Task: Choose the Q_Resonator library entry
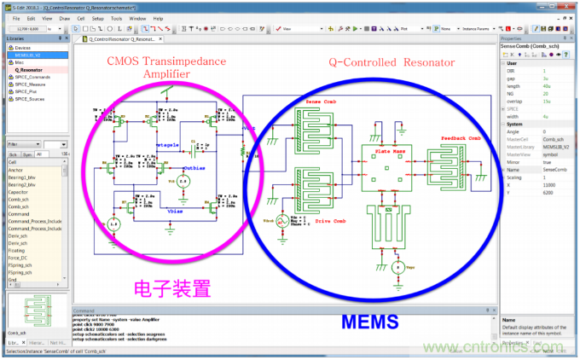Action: tap(30, 69)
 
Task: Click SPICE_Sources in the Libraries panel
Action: tap(31, 99)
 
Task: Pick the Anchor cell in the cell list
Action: tap(17, 170)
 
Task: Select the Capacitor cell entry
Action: tap(20, 192)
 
